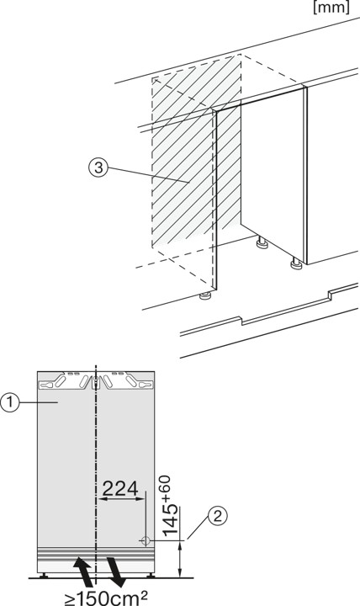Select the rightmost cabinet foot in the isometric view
point(296,266)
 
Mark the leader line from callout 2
point(199,527)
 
